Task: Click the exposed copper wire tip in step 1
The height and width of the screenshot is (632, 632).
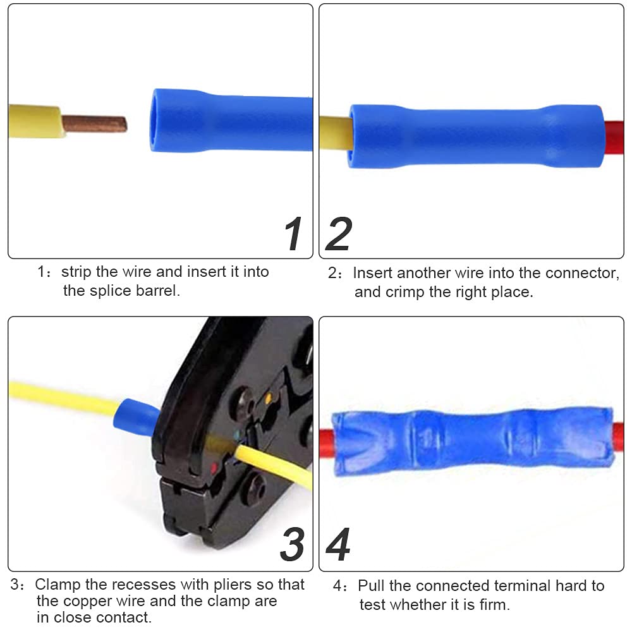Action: click(95, 123)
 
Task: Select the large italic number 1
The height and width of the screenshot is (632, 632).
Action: click(293, 234)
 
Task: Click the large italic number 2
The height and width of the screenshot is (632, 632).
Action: click(339, 234)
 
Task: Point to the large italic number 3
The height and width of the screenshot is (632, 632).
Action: click(293, 544)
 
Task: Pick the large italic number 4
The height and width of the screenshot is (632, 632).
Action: click(339, 544)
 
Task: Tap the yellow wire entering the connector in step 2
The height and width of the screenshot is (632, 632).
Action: click(335, 133)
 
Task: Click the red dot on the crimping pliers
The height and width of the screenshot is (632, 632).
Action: click(214, 468)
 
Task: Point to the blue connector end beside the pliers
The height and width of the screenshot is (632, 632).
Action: click(135, 417)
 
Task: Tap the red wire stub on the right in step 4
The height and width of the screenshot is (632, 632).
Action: click(617, 434)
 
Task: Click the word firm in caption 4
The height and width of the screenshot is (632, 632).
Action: click(492, 605)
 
